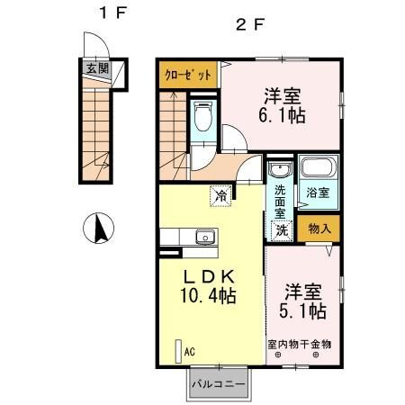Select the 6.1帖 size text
282,116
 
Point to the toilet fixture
202,118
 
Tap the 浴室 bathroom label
317,193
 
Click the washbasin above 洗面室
280,170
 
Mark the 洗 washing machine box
282,229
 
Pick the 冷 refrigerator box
220,192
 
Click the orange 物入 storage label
319,229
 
